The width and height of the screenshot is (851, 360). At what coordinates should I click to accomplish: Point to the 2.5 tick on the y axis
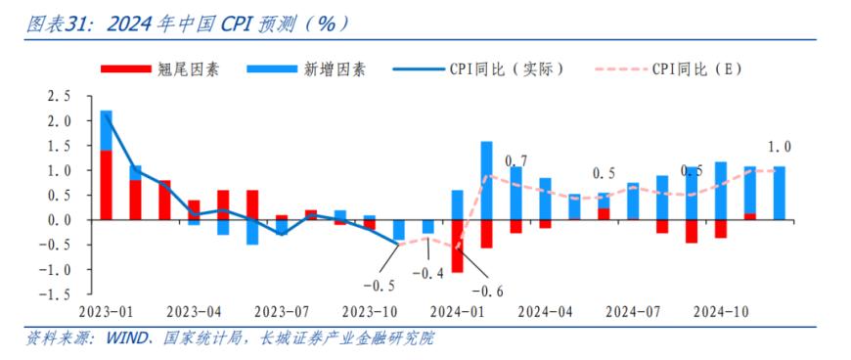[60, 97]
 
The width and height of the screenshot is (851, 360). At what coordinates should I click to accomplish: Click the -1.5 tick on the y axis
[57, 293]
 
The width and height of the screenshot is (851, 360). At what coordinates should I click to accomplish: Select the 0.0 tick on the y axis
[60, 220]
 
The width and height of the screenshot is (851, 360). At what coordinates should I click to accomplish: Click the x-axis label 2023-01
[107, 312]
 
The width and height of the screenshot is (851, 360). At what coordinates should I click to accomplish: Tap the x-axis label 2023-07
[282, 312]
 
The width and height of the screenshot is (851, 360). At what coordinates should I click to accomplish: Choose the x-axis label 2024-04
[545, 312]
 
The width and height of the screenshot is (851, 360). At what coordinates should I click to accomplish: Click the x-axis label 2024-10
[721, 312]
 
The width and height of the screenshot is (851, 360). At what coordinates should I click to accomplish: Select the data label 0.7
[516, 160]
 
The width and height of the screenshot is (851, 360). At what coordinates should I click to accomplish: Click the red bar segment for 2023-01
[107, 185]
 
